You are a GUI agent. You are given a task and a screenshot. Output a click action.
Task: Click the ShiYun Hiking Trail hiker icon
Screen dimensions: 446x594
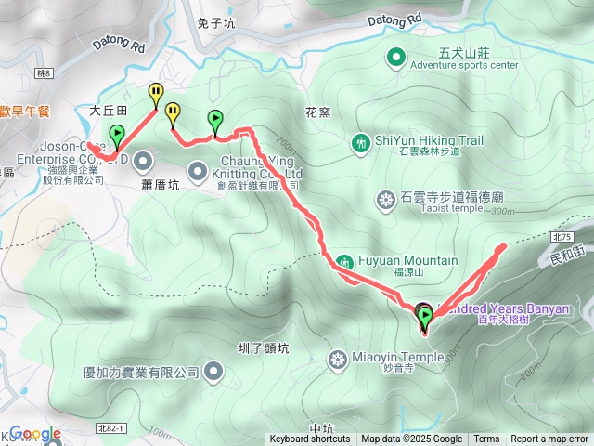point(360,142)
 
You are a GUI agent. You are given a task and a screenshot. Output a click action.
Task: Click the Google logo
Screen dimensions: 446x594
point(35,434)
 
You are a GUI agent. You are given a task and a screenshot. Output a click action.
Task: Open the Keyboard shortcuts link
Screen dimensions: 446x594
point(310,439)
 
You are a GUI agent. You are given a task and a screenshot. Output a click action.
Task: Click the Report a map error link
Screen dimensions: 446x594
point(550,439)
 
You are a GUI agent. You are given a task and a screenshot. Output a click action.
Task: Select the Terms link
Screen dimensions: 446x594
point(486,439)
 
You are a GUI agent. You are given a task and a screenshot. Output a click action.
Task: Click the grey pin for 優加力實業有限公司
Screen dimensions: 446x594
point(213,373)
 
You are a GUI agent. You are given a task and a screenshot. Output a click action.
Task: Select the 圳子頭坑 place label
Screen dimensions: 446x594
point(263,348)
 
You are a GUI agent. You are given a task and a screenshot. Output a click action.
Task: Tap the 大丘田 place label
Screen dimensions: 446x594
point(107,110)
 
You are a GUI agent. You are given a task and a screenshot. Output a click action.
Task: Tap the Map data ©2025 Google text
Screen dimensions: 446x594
point(411,439)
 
